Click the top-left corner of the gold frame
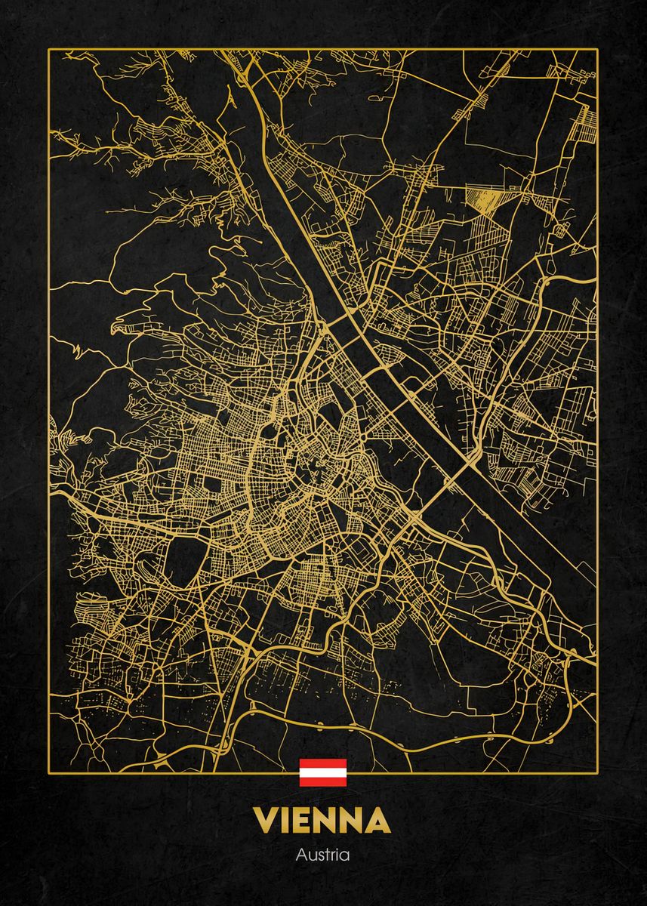[49, 49]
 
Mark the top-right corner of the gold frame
[598, 49]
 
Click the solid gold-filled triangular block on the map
[480, 200]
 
